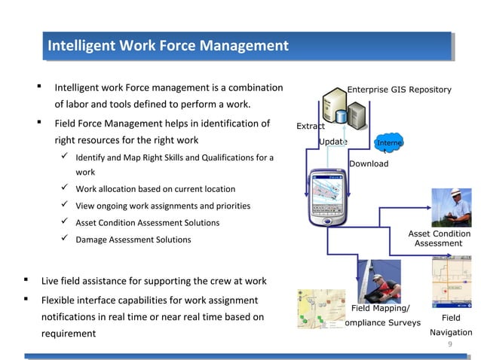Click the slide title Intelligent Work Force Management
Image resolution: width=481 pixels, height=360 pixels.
(x=167, y=47)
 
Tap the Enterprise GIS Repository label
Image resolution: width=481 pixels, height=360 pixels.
(x=399, y=90)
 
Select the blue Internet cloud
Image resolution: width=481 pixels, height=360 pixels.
(x=389, y=145)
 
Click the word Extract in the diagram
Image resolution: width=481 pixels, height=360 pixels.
(x=311, y=126)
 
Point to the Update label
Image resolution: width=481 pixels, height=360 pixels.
(x=332, y=142)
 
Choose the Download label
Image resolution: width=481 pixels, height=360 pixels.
(x=369, y=163)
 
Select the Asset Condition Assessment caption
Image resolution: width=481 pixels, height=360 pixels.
(x=439, y=239)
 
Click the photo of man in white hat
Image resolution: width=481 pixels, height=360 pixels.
(x=451, y=207)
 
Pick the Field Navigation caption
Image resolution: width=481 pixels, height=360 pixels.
(x=451, y=325)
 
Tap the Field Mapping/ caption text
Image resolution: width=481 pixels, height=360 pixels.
(x=381, y=308)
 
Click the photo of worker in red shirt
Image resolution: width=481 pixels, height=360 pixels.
(x=378, y=280)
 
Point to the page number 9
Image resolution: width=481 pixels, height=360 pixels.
(x=450, y=344)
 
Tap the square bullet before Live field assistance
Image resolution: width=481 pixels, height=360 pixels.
(x=26, y=281)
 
